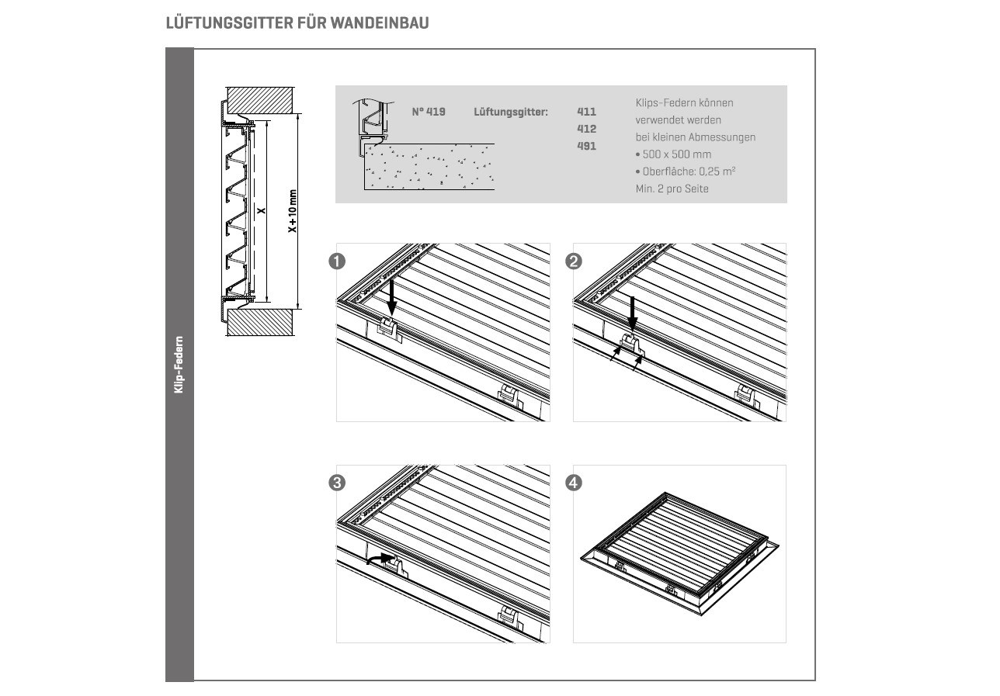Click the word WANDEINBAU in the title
click(380, 23)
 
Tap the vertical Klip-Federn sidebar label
click(179, 365)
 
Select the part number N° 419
click(429, 112)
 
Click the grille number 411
click(587, 112)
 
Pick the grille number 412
click(587, 129)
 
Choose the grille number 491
click(587, 147)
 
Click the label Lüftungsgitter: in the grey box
click(511, 112)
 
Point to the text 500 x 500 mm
click(677, 154)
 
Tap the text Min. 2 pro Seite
click(672, 189)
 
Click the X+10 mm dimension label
click(293, 210)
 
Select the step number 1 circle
click(337, 261)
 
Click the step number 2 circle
click(574, 261)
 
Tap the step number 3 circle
click(337, 483)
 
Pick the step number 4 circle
click(574, 483)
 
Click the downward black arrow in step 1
click(391, 296)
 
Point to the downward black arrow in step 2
click(633, 314)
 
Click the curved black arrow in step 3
click(380, 558)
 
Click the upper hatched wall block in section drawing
click(260, 100)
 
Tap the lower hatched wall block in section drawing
click(260, 322)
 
